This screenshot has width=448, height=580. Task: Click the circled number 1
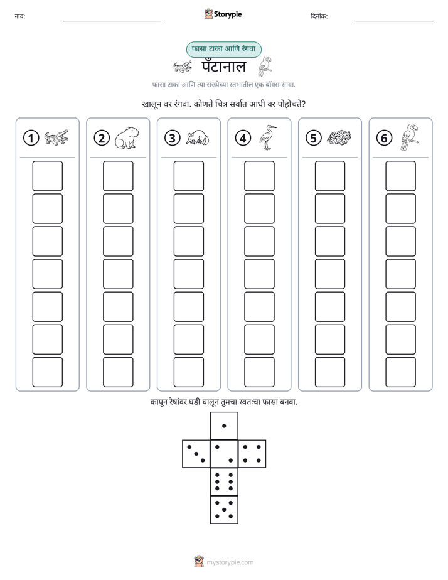pyautogui.click(x=31, y=138)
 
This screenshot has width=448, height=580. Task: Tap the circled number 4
pyautogui.click(x=243, y=138)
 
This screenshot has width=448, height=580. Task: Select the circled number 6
pyautogui.click(x=384, y=138)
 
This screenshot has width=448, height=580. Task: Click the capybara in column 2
pyautogui.click(x=127, y=138)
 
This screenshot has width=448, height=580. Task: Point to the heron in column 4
pyautogui.click(x=268, y=137)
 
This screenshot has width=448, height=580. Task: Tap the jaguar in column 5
pyautogui.click(x=339, y=137)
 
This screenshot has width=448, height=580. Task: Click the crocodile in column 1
pyautogui.click(x=56, y=137)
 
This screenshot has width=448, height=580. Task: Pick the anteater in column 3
pyautogui.click(x=198, y=138)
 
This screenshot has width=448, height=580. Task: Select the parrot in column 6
pyautogui.click(x=409, y=137)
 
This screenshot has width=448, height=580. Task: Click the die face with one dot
pyautogui.click(x=224, y=426)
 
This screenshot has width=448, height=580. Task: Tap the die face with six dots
pyautogui.click(x=224, y=481)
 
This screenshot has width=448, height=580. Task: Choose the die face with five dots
pyautogui.click(x=224, y=509)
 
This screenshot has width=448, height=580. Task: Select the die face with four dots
pyautogui.click(x=252, y=454)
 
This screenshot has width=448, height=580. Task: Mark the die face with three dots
pyautogui.click(x=196, y=454)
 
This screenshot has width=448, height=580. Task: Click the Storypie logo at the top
pyautogui.click(x=223, y=14)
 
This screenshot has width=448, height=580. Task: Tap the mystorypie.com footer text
pyautogui.click(x=230, y=562)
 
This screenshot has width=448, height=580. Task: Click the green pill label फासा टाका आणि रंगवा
pyautogui.click(x=223, y=49)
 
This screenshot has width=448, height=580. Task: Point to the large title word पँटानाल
pyautogui.click(x=223, y=67)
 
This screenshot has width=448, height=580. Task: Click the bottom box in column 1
pyautogui.click(x=47, y=372)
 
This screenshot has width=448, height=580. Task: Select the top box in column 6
pyautogui.click(x=401, y=176)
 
